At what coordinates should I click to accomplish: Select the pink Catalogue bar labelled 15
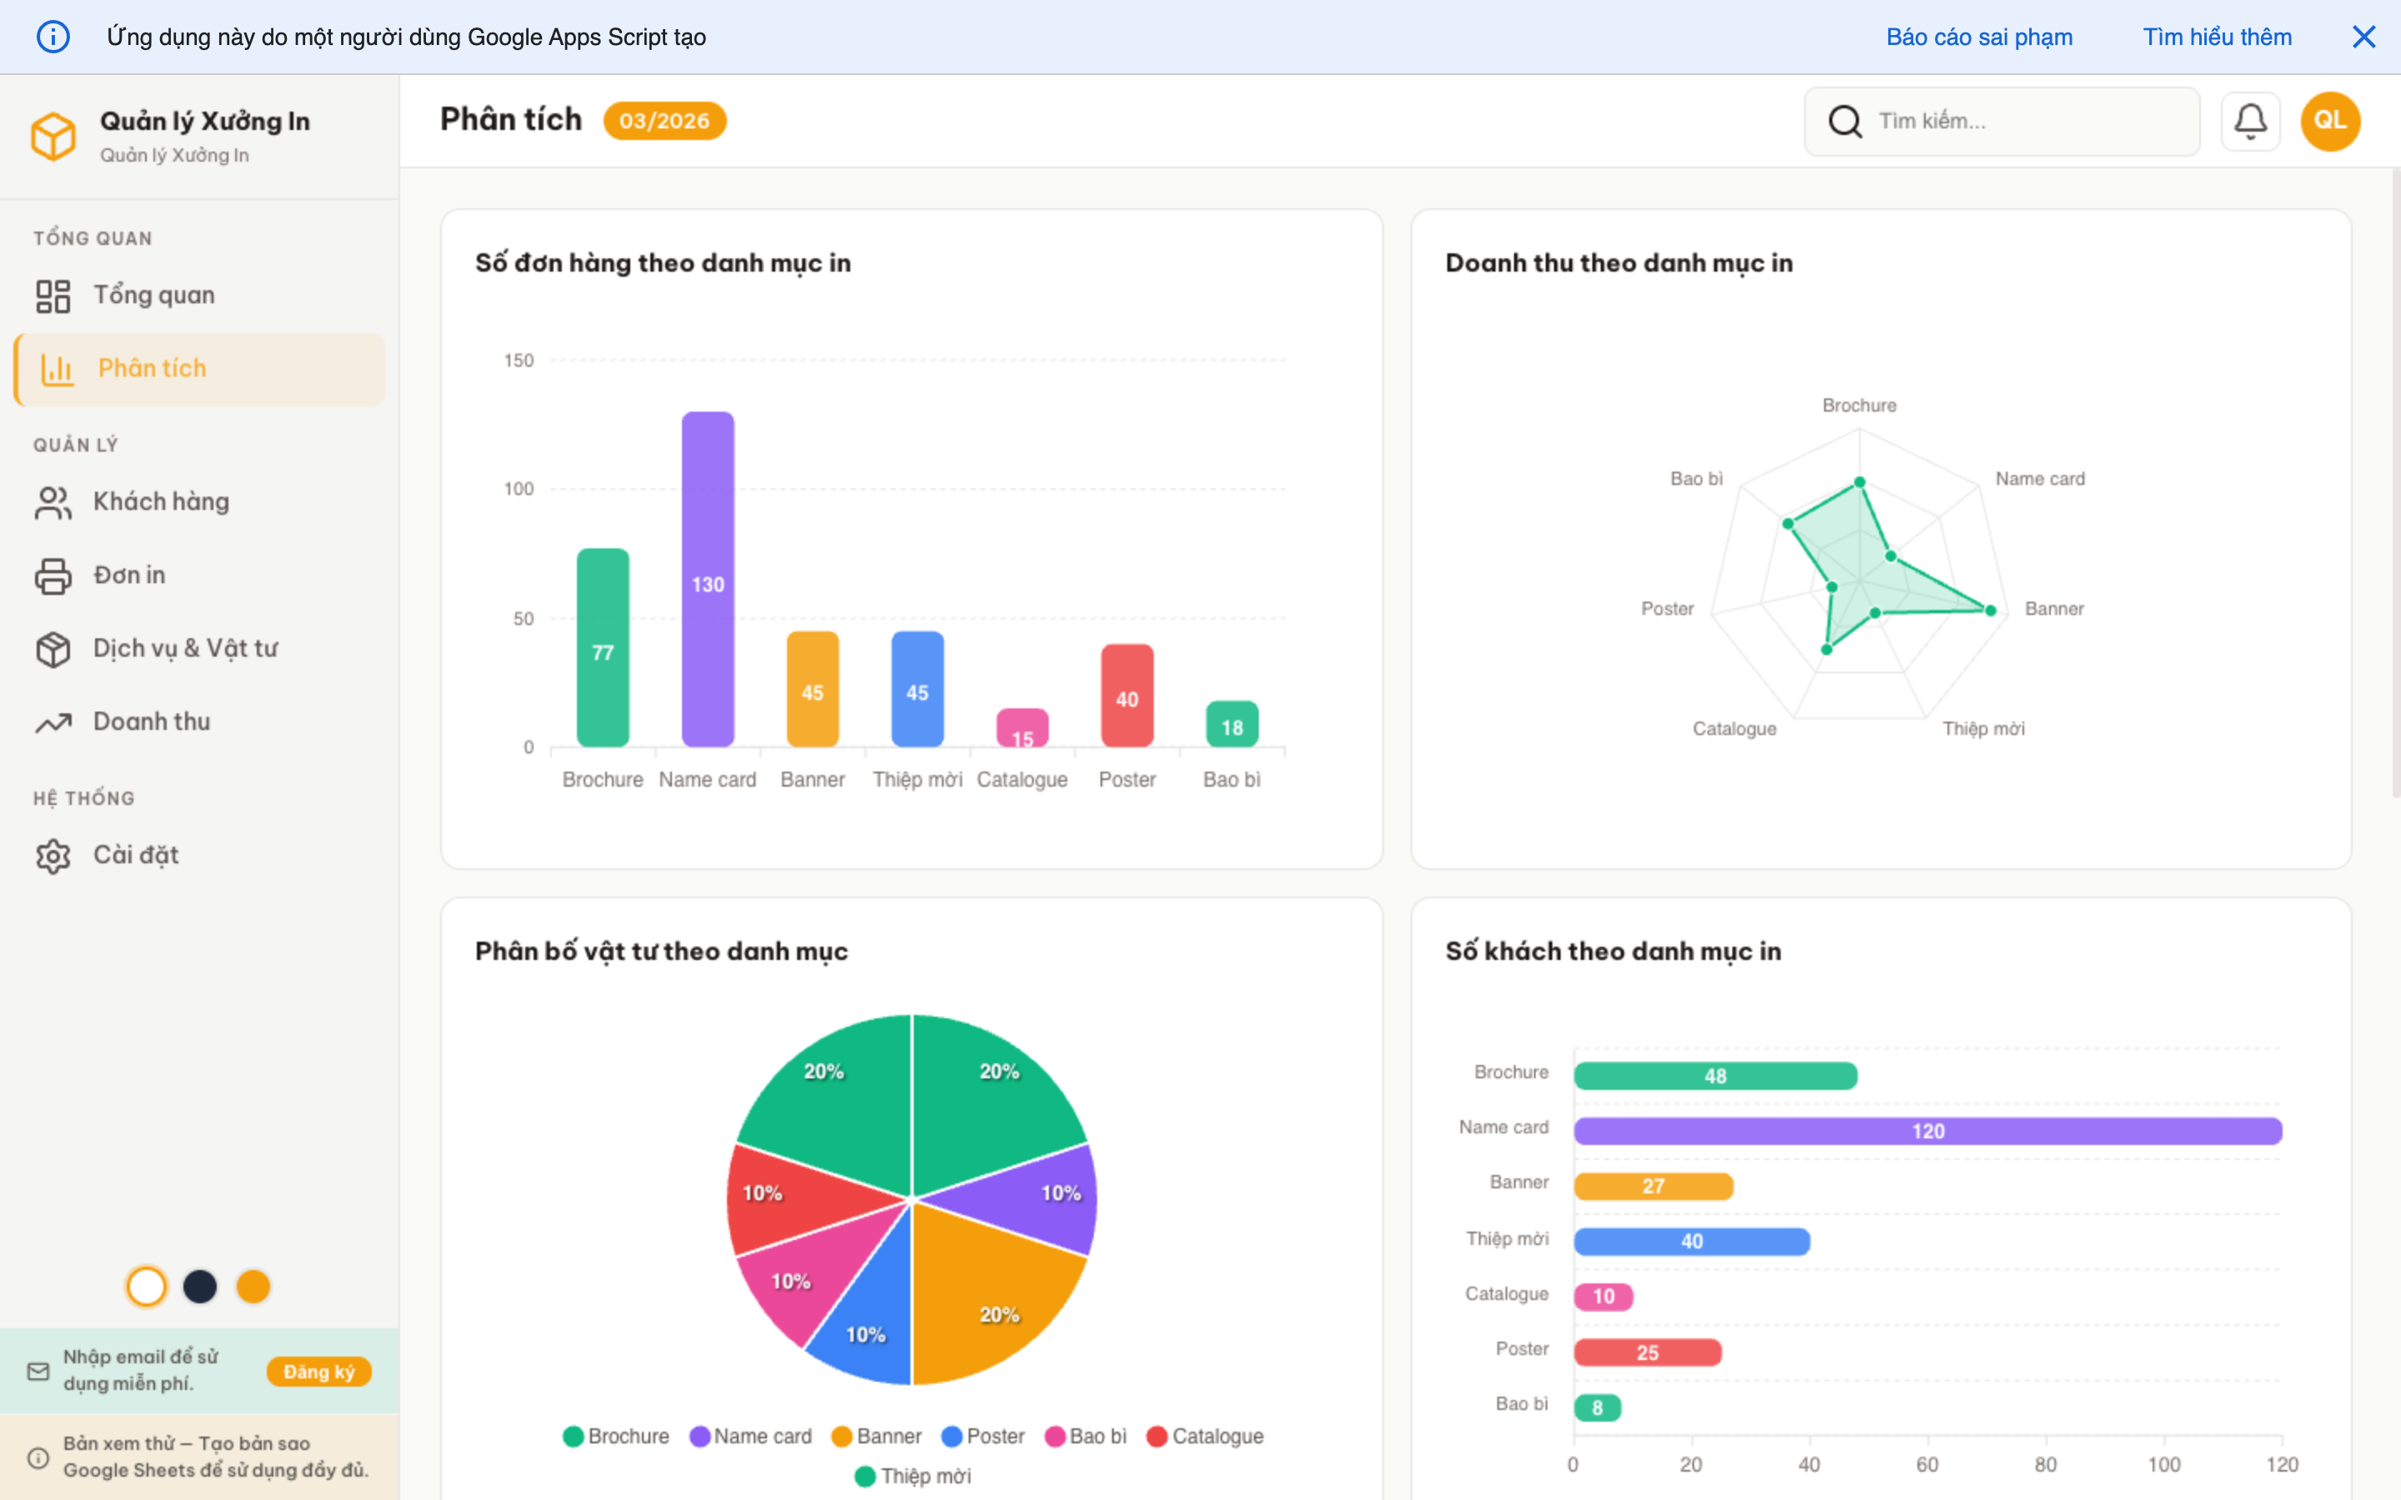pyautogui.click(x=1022, y=728)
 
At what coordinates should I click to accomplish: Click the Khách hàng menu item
pyautogui.click(x=161, y=502)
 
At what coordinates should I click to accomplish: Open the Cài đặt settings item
pyautogui.click(x=136, y=855)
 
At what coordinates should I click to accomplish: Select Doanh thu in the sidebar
pyautogui.click(x=151, y=722)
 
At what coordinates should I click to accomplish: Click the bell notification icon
pyautogui.click(x=2250, y=121)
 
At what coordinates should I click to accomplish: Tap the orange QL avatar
pyautogui.click(x=2329, y=121)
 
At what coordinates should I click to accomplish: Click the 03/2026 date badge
pyautogui.click(x=664, y=121)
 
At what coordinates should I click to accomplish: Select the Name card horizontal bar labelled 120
pyautogui.click(x=1927, y=1131)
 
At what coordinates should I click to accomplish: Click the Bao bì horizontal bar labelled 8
pyautogui.click(x=1597, y=1407)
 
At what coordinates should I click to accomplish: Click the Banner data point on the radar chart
pyautogui.click(x=1990, y=610)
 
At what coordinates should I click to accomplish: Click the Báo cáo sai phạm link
pyautogui.click(x=1979, y=37)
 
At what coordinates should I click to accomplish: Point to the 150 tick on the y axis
pyautogui.click(x=518, y=361)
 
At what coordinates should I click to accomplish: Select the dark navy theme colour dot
pyautogui.click(x=199, y=1287)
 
